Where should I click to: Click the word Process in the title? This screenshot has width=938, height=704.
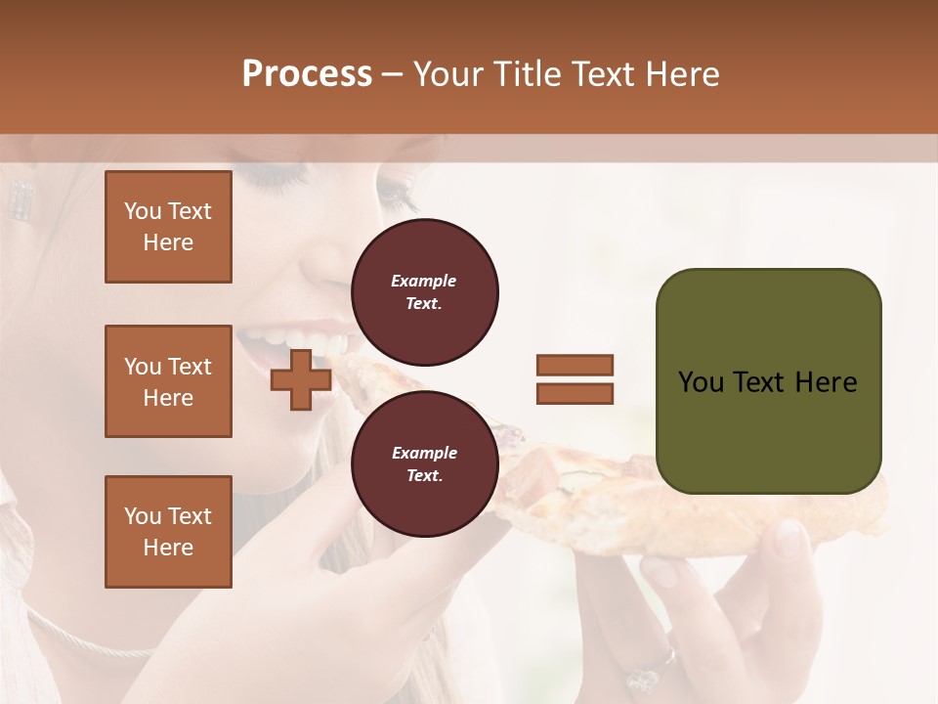click(x=307, y=74)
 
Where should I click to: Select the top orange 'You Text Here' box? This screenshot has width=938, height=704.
click(x=168, y=227)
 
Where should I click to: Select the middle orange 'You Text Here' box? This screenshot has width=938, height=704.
click(x=168, y=381)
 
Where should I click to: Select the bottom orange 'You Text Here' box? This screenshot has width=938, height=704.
click(x=168, y=531)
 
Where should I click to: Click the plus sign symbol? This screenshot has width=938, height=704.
click(x=301, y=379)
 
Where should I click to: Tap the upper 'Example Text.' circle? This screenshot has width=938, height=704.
click(x=424, y=292)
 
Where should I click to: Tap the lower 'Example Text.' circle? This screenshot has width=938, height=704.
click(x=424, y=463)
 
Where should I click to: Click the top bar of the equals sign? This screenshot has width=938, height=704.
click(x=575, y=365)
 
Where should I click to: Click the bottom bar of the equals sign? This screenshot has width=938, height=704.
click(x=575, y=393)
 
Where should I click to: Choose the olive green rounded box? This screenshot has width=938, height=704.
click(x=768, y=381)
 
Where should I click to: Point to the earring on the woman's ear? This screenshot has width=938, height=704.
click(x=21, y=199)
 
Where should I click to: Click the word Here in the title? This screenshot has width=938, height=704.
click(x=682, y=74)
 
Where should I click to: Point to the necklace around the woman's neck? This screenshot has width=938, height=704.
click(x=88, y=640)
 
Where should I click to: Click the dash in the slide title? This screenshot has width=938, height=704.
click(x=392, y=74)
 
